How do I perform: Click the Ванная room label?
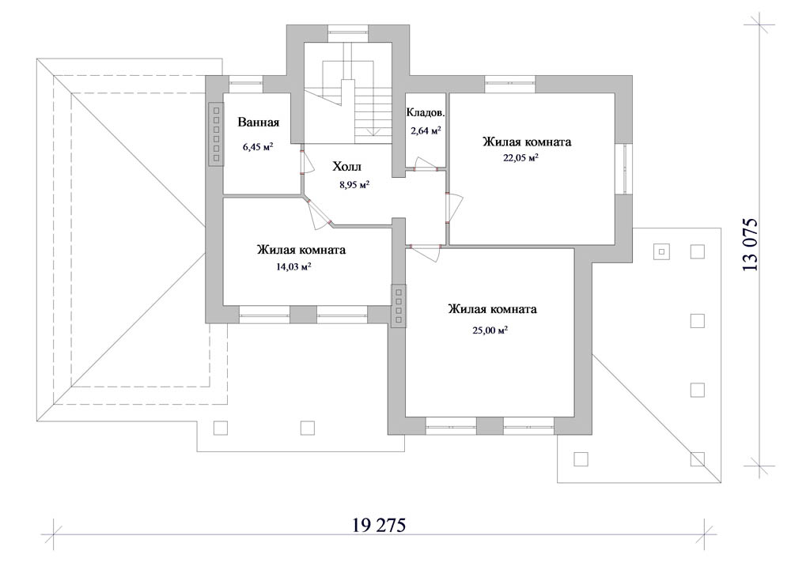(259, 123)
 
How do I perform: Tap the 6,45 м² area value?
(258, 147)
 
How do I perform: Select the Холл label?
(346, 166)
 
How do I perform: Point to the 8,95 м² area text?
(354, 184)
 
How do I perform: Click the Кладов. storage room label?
(426, 112)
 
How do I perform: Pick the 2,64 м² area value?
(426, 130)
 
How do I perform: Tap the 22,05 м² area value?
(520, 157)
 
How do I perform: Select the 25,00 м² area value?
(490, 330)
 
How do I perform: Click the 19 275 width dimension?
(379, 525)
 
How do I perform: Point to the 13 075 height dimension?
(750, 245)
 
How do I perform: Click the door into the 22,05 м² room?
(454, 208)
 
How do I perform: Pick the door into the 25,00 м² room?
(423, 251)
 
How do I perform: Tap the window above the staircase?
(348, 32)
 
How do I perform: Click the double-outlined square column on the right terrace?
(661, 252)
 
